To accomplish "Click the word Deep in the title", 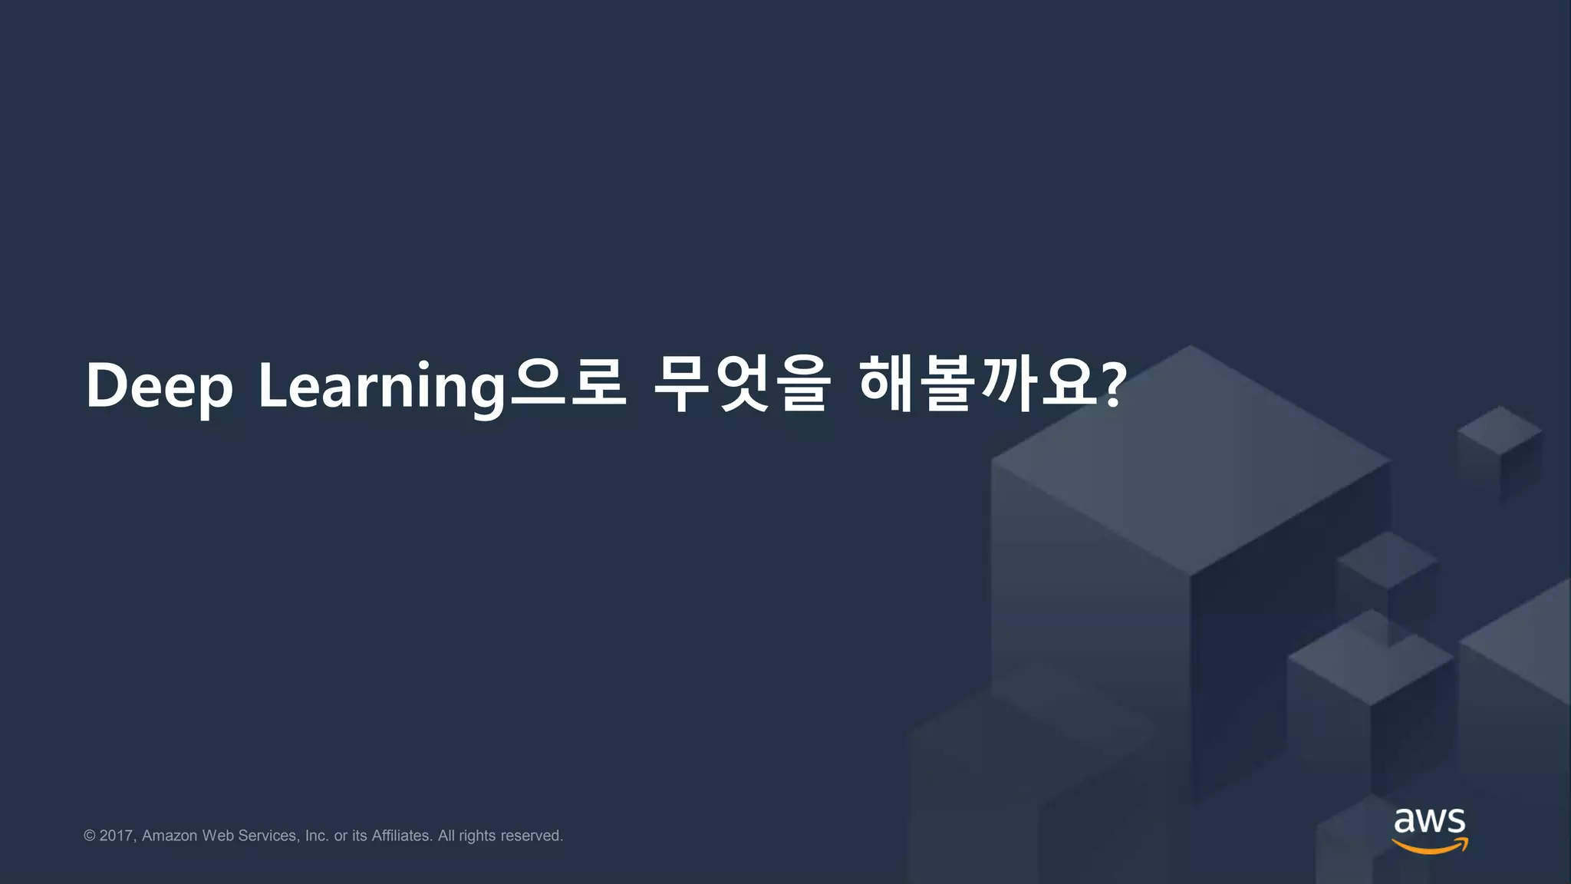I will (x=159, y=387).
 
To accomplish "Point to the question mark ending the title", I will (x=1113, y=386).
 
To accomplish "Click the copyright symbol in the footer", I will (x=90, y=836).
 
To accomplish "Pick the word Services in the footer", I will (x=268, y=836).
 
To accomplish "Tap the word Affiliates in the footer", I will (x=401, y=836).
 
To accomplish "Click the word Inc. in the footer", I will (x=317, y=836).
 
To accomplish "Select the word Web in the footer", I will (x=218, y=836).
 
